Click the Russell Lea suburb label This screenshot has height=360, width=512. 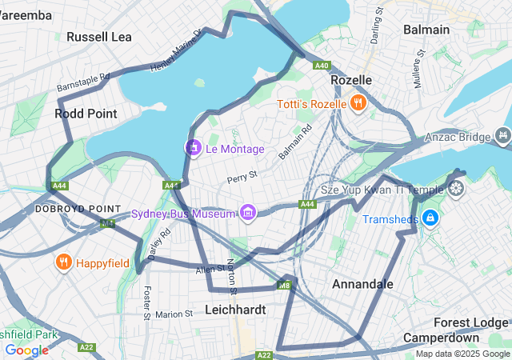pos(99,37)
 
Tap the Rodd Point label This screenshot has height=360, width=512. pos(86,114)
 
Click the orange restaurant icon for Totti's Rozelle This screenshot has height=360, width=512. pos(358,102)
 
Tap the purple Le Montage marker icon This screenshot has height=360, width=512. pos(193,147)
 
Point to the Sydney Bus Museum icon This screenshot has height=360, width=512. pos(247,212)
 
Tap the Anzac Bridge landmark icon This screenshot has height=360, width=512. pos(502,136)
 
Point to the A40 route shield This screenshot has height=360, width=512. pos(322,66)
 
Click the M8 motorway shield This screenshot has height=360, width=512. pos(283,285)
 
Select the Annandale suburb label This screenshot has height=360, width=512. pos(362,284)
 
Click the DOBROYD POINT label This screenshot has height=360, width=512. pos(66,208)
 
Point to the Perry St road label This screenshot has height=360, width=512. pos(242,175)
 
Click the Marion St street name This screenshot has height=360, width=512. pos(174,314)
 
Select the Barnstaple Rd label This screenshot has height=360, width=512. pos(83,82)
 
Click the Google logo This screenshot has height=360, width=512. pos(26,350)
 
